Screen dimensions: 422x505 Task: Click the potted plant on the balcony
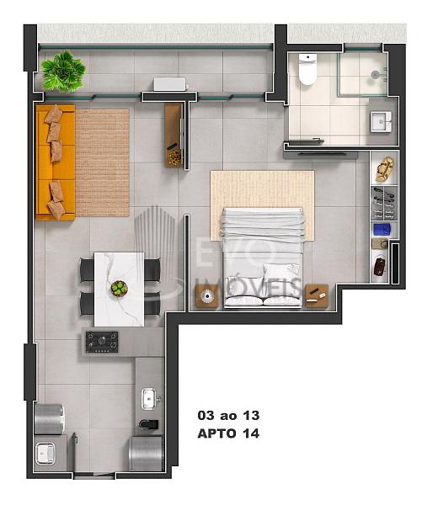point(63,72)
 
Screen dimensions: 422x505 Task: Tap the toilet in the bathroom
point(307,69)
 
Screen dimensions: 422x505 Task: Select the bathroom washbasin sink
point(381,122)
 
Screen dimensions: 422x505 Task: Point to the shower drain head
point(375,74)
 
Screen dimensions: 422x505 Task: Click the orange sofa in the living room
point(56,162)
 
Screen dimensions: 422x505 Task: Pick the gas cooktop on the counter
point(102,342)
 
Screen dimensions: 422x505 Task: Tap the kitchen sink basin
point(148,399)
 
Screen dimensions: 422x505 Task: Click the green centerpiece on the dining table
point(120,288)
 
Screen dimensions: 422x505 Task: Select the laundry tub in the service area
point(45,453)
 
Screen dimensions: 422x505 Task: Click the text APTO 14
point(228,433)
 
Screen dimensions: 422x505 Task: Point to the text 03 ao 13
point(228,416)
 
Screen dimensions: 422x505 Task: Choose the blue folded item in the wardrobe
point(382,230)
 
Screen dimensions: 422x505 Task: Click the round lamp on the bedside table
point(207,296)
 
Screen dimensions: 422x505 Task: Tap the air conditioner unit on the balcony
point(170,84)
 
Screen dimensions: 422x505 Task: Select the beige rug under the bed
point(262,205)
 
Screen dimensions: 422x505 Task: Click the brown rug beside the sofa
point(102,162)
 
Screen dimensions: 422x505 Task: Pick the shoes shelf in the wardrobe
point(383,203)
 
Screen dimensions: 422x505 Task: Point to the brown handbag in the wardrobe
point(381,266)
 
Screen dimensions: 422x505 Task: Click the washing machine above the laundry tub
point(49,419)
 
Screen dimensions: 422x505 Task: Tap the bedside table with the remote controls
point(317,295)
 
